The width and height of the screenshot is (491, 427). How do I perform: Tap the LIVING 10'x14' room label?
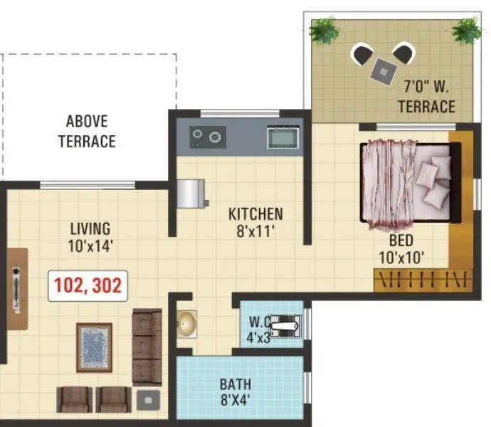click(90, 238)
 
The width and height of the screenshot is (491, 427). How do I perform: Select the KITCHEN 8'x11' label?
click(255, 221)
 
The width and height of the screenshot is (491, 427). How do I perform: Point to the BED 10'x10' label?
click(402, 250)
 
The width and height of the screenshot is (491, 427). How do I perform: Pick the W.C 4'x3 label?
click(258, 329)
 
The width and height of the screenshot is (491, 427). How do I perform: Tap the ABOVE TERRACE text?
click(87, 131)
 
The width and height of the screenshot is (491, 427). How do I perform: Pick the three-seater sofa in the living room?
click(147, 347)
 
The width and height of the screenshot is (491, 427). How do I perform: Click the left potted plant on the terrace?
click(323, 30)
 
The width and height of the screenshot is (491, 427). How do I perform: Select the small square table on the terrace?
click(384, 70)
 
